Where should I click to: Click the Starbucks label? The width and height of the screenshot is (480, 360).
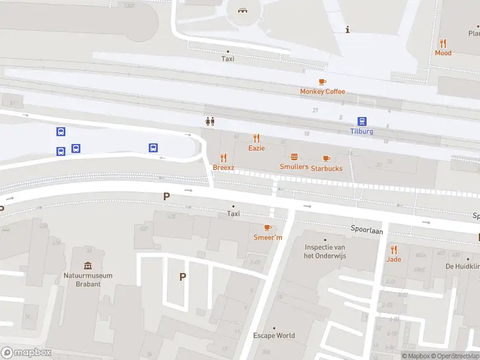[326, 169]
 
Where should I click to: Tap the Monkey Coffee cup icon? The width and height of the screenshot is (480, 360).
[322, 82]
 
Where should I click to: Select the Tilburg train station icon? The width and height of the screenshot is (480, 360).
[362, 121]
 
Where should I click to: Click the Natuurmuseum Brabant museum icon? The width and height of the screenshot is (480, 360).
[88, 265]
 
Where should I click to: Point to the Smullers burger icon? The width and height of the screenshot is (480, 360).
[294, 157]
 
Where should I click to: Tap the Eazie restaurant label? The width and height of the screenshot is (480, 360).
[256, 148]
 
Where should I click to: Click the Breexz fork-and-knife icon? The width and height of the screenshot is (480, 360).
[223, 157]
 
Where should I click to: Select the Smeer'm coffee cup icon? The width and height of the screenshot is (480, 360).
[268, 227]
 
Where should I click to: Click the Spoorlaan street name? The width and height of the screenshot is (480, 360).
[367, 230]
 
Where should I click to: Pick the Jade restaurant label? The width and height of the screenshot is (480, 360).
[394, 259]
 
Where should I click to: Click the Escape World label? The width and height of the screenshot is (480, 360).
[274, 335]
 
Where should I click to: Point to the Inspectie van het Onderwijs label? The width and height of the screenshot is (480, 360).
[325, 251]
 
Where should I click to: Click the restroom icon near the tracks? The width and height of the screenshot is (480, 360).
[209, 121]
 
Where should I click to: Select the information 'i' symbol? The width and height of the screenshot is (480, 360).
[348, 29]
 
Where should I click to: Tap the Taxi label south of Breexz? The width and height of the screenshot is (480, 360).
[233, 214]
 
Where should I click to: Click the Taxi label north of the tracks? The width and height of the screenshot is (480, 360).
[227, 59]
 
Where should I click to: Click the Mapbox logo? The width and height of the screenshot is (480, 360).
[26, 353]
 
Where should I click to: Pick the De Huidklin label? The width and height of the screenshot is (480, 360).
[462, 266]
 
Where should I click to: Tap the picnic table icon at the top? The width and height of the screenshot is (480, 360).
[243, 10]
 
